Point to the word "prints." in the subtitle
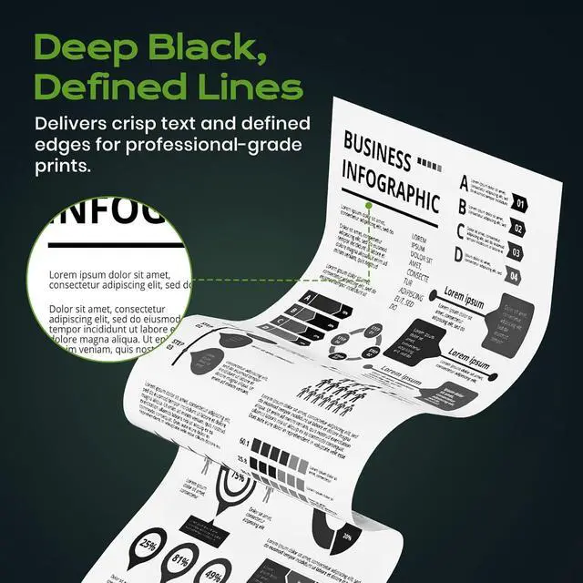(66, 168)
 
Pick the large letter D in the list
(458, 256)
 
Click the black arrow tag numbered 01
(518, 203)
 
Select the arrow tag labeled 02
(517, 228)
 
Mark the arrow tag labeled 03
(515, 252)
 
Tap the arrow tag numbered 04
(514, 276)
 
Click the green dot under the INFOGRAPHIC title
(368, 206)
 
